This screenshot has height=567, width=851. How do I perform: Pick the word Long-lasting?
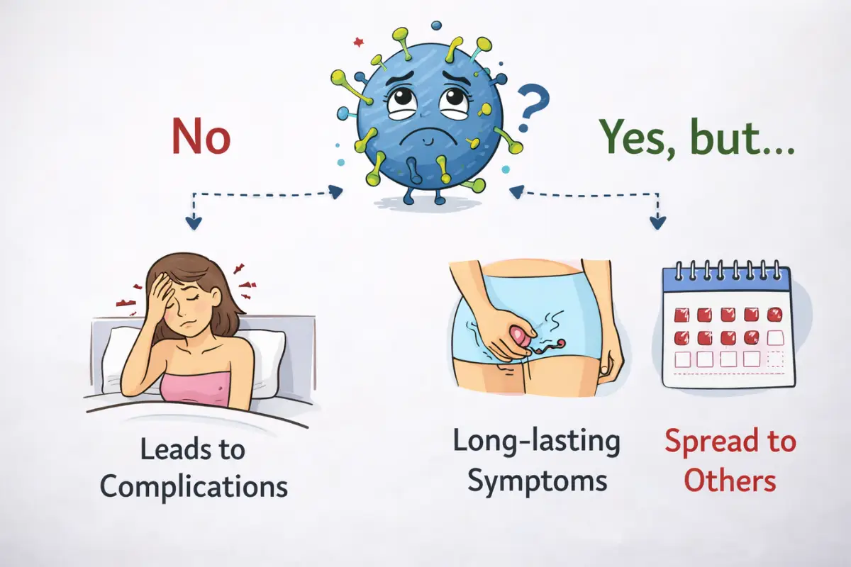coord(536,442)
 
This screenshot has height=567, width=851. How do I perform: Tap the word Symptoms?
coord(538,481)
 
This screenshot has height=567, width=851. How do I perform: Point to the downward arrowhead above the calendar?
coord(658,223)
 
